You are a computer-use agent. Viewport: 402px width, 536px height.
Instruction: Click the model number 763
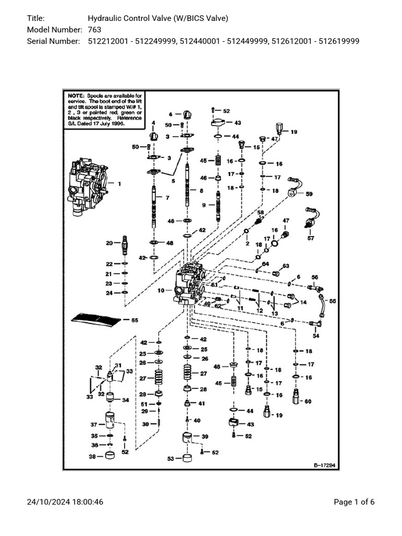tap(94, 30)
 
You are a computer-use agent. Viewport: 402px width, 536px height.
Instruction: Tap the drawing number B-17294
tap(324, 464)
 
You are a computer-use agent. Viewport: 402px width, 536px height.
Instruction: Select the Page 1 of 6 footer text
tap(354, 502)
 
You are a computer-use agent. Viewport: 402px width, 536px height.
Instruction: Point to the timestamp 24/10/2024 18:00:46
tap(65, 502)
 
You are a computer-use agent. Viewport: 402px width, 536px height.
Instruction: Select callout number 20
tap(109, 243)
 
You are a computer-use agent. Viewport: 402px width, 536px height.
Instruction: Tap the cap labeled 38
tap(110, 455)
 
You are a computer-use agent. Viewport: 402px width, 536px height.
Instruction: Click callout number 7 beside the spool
tap(167, 198)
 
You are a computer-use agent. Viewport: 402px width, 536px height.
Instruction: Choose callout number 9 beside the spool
tap(204, 206)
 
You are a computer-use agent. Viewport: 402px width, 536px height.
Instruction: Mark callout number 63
tap(286, 266)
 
